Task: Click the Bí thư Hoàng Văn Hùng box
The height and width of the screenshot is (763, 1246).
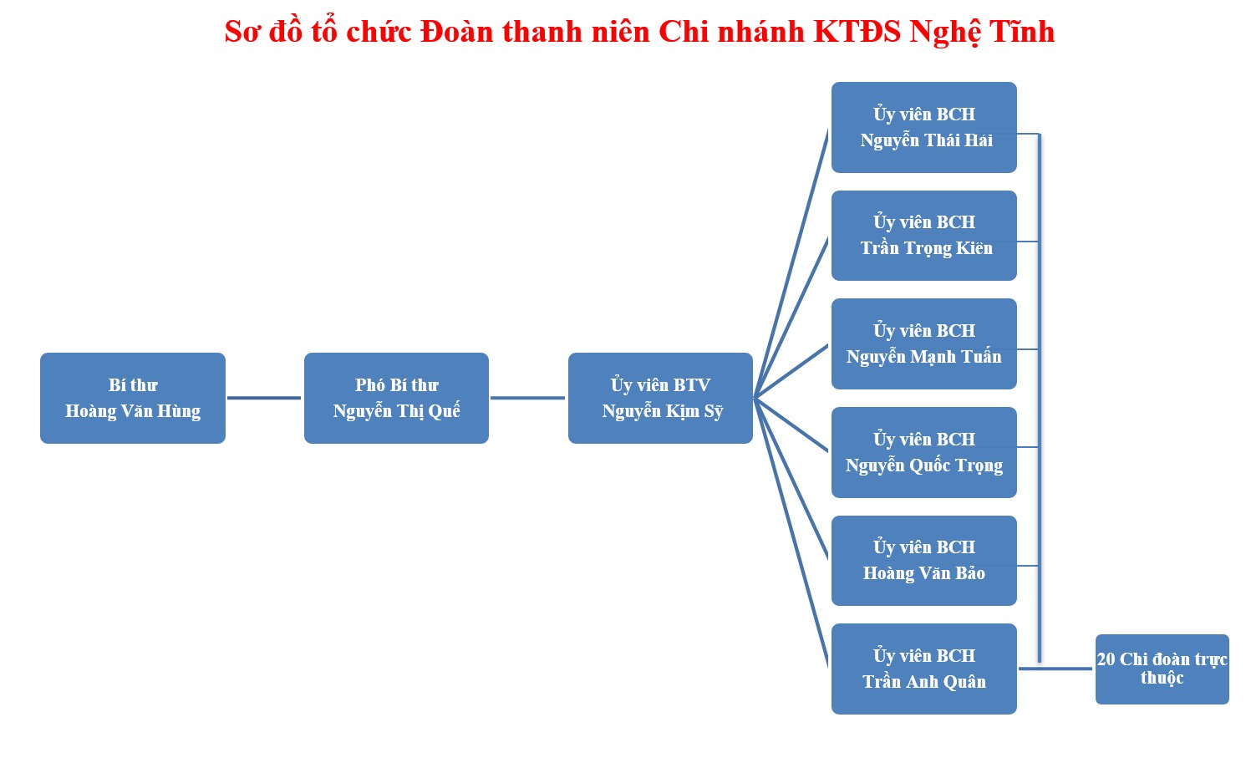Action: pyautogui.click(x=133, y=398)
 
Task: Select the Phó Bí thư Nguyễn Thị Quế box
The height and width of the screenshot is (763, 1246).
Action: pyautogui.click(x=397, y=398)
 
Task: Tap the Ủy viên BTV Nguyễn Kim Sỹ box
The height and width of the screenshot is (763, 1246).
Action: pyautogui.click(x=660, y=398)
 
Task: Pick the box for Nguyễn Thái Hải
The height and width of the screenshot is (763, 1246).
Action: pyautogui.click(x=924, y=127)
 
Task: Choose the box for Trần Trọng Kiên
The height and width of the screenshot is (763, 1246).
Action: pyautogui.click(x=924, y=235)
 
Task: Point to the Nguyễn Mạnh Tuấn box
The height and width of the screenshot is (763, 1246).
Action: pyautogui.click(x=924, y=343)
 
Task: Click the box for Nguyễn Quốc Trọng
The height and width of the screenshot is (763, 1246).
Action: pyautogui.click(x=924, y=452)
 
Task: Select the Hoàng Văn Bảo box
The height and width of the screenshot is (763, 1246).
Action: pyautogui.click(x=924, y=561)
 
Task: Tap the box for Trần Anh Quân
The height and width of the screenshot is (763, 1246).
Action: pyautogui.click(x=924, y=669)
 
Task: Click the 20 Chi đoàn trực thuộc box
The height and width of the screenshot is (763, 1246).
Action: pyautogui.click(x=1162, y=669)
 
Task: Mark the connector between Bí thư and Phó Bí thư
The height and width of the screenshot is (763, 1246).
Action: pyautogui.click(x=264, y=398)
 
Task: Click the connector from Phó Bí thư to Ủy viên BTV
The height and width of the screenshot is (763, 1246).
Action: pyautogui.click(x=528, y=398)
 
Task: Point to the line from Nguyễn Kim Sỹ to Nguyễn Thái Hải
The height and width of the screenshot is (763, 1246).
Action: pyautogui.click(x=791, y=263)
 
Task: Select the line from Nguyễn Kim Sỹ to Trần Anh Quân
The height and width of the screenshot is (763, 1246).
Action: pyautogui.click(x=791, y=532)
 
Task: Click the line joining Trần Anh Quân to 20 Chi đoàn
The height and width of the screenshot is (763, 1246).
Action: pyautogui.click(x=1055, y=669)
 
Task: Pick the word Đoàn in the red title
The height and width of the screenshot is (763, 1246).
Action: pyautogui.click(x=456, y=31)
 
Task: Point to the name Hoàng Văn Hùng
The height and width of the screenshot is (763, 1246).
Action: pyautogui.click(x=133, y=411)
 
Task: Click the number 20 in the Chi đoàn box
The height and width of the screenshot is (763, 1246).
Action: pyautogui.click(x=1106, y=659)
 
